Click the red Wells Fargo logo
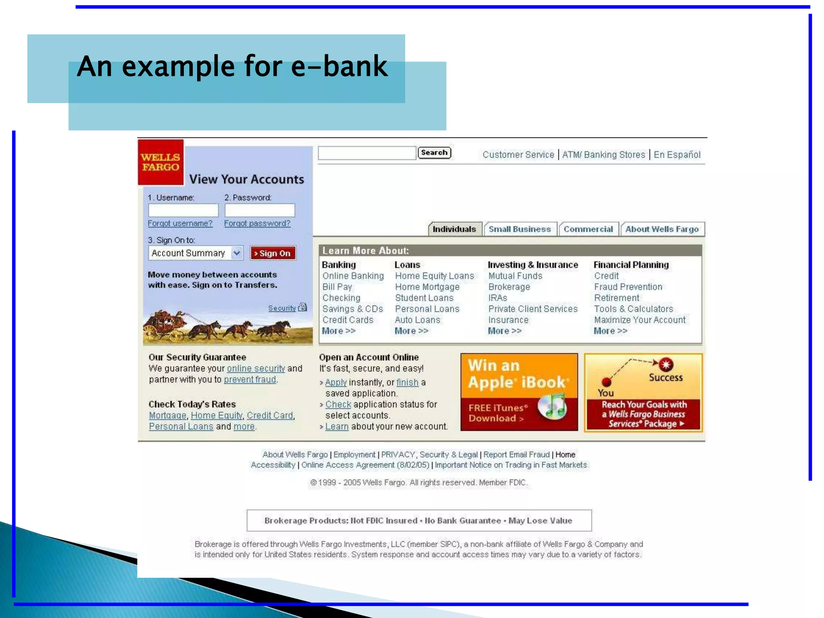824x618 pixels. (x=161, y=162)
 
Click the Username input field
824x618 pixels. (x=183, y=210)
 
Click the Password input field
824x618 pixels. (x=260, y=210)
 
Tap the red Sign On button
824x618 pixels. (x=273, y=253)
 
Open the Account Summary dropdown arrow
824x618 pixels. (x=237, y=253)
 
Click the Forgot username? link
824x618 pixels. (x=180, y=223)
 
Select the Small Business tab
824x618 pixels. (x=519, y=229)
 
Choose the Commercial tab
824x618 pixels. (x=588, y=229)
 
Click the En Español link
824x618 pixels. (x=677, y=154)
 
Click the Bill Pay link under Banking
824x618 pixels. (x=337, y=287)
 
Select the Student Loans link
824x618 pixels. (x=424, y=298)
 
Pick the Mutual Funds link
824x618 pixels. (x=515, y=276)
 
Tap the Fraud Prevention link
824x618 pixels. (x=628, y=287)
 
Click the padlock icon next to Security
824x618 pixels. (x=303, y=307)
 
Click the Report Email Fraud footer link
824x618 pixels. (x=516, y=454)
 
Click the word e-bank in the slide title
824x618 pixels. (x=339, y=66)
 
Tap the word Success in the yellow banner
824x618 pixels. (x=665, y=377)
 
